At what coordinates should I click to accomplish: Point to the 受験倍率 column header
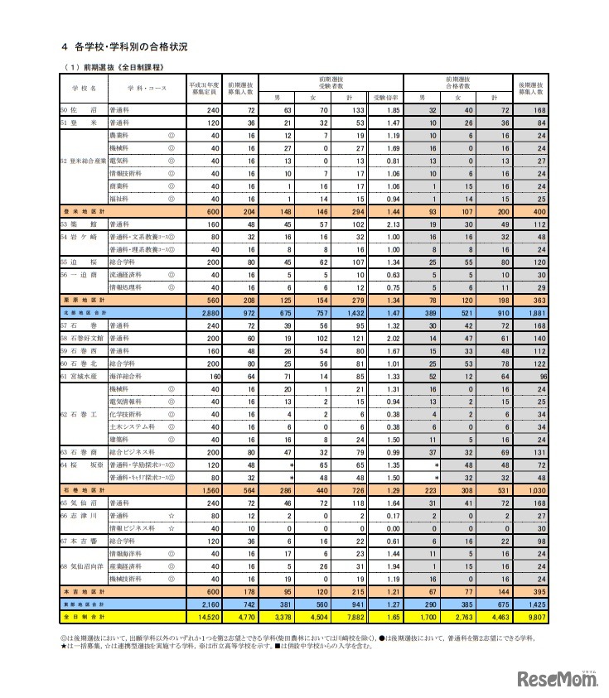click(x=386, y=98)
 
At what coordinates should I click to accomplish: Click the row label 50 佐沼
click(x=75, y=109)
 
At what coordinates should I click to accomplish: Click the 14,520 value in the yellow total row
click(x=205, y=617)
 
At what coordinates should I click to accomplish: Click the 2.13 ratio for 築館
click(x=392, y=224)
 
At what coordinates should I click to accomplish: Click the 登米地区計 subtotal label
click(x=84, y=212)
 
